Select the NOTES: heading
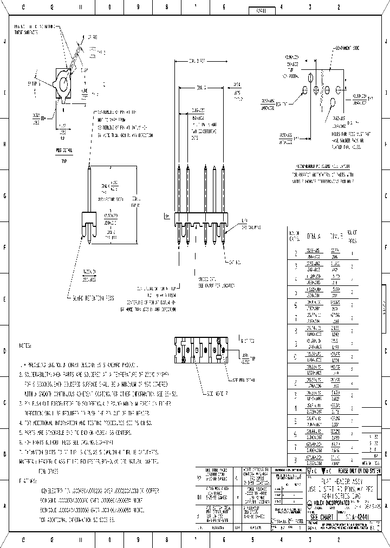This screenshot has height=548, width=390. click(25, 344)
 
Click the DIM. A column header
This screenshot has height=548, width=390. click(314, 237)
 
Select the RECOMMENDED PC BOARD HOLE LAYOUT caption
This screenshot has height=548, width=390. click(322, 166)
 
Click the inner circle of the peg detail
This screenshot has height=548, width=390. click(64, 83)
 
